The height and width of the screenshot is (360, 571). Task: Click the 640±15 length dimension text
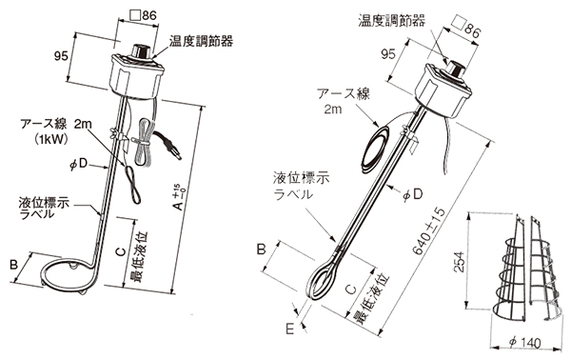tap(429, 231)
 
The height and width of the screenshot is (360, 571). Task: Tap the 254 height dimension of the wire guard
tap(461, 262)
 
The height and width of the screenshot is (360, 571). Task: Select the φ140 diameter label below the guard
tap(524, 343)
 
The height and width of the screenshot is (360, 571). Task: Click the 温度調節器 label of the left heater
tap(201, 41)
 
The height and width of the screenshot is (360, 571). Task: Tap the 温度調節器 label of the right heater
tap(391, 20)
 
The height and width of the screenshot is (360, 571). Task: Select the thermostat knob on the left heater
tap(141, 51)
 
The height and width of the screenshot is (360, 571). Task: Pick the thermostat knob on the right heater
tap(455, 69)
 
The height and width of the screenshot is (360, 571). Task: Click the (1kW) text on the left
tap(51, 139)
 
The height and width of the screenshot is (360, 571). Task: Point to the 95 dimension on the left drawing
tap(61, 56)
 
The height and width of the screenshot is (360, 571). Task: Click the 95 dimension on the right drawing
tap(388, 54)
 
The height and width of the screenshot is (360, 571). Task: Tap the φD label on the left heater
tap(79, 164)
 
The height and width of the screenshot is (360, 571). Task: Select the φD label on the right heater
tap(413, 194)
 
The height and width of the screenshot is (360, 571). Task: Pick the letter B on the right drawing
tap(262, 250)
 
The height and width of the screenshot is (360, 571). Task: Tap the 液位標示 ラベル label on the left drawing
tap(44, 209)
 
